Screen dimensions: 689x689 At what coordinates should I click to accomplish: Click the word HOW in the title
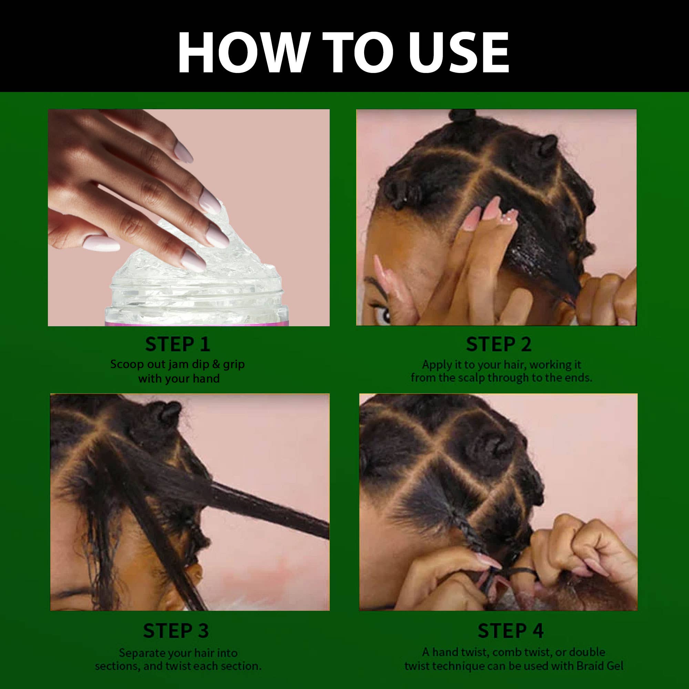[243, 52]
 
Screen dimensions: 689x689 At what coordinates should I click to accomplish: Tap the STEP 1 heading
[178, 344]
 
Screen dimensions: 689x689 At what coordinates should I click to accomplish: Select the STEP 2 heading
[498, 344]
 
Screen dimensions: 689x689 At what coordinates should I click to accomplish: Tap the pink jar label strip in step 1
[196, 323]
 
